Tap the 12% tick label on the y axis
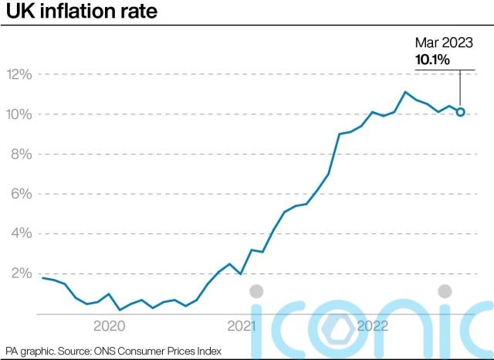19,75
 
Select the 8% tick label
21,155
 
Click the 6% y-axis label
21,194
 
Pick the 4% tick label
21,233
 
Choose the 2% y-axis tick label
21,273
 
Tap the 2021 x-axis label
242,326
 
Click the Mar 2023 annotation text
444,43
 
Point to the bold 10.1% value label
433,59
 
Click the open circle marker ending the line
460,112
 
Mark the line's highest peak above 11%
405,92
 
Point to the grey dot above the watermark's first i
257,291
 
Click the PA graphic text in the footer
29,351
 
